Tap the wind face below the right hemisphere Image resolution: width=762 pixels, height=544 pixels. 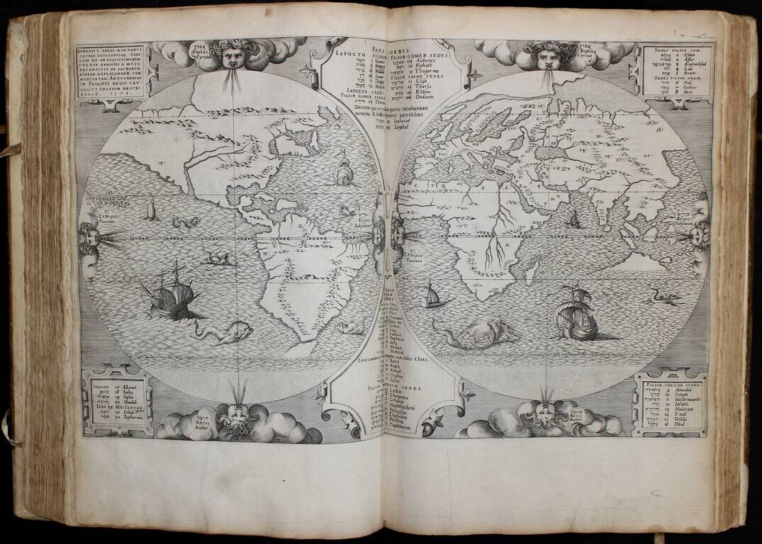point(544,412)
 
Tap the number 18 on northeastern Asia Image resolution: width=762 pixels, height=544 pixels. point(659,130)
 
